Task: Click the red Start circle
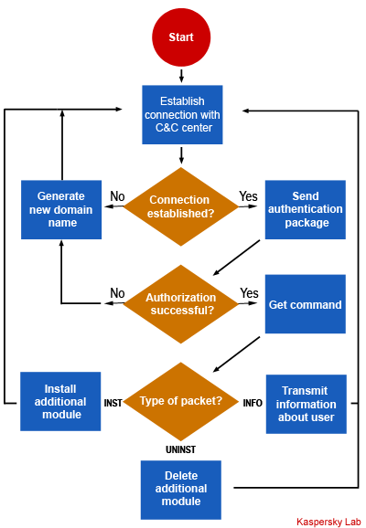[181, 37]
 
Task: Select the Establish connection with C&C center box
[182, 114]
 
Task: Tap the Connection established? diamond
[181, 206]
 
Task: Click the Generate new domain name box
[61, 209]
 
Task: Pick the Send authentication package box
[306, 209]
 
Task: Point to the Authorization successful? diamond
[181, 303]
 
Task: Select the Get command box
[306, 304]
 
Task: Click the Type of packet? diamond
[181, 401]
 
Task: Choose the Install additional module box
[60, 401]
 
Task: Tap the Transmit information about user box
[307, 404]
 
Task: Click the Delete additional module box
[181, 490]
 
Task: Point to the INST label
[113, 403]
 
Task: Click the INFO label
[253, 403]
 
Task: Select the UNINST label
[181, 449]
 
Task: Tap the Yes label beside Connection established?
[249, 196]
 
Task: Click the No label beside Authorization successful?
[117, 293]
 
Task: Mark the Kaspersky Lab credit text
[328, 522]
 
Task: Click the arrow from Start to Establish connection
[181, 76]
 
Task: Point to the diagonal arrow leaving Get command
[236, 354]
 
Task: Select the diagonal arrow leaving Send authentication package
[236, 258]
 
